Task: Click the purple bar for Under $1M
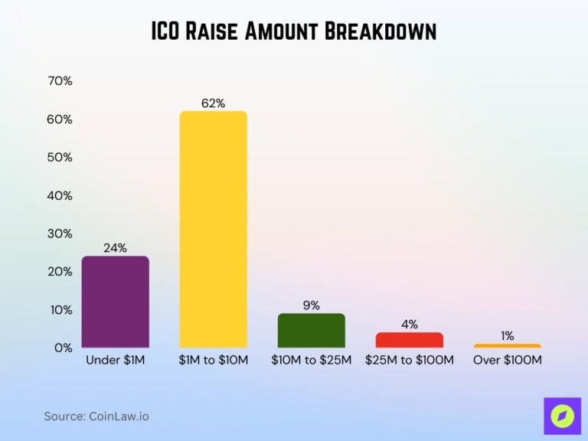click(115, 302)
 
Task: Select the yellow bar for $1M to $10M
click(213, 230)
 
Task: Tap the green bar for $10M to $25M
click(311, 331)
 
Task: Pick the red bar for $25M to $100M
click(409, 340)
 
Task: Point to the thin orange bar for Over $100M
click(507, 346)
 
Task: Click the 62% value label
click(213, 103)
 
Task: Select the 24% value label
click(115, 248)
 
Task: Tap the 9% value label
click(311, 305)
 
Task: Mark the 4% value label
click(409, 325)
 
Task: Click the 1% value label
click(507, 336)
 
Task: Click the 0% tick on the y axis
click(62, 348)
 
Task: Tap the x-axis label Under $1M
click(115, 360)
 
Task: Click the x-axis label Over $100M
click(507, 360)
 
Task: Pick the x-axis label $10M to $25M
click(311, 360)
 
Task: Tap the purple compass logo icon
click(562, 416)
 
